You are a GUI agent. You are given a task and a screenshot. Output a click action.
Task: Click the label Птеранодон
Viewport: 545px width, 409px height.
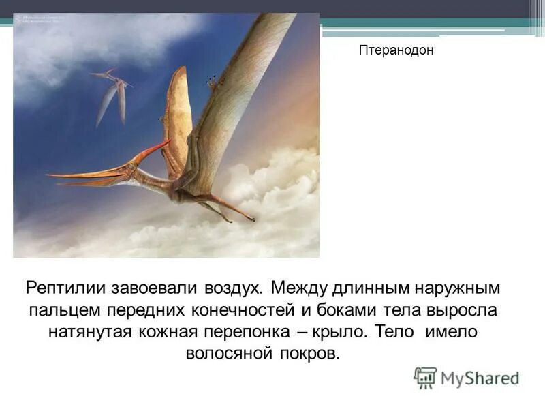[396, 50]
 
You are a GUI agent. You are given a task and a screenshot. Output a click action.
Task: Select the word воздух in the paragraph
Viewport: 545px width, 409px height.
[228, 286]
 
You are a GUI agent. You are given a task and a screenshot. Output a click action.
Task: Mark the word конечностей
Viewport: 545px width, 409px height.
[231, 309]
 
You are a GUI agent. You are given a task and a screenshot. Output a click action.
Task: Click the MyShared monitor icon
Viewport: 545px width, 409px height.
[425, 378]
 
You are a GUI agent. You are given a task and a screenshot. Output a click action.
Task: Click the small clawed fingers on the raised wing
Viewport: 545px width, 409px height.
[214, 82]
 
